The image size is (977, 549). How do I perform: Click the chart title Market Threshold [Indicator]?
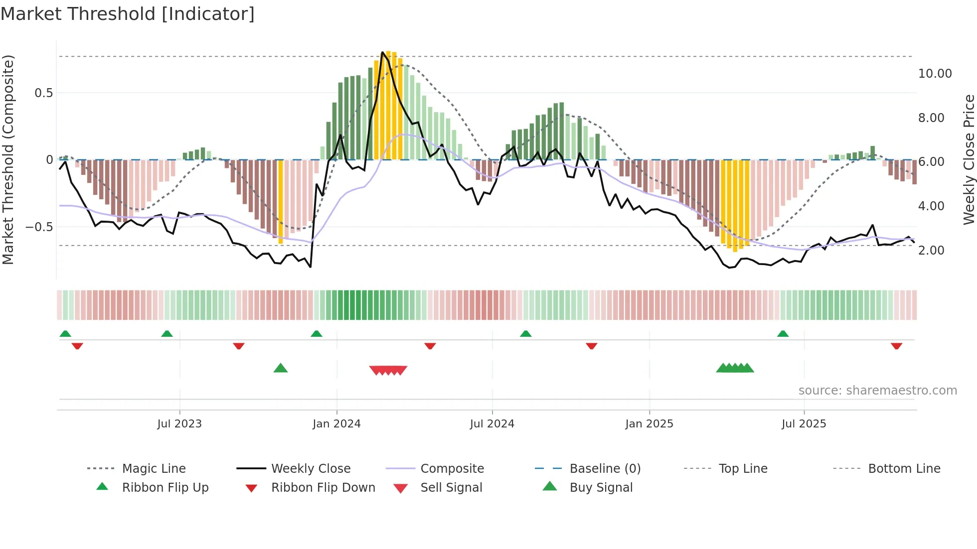coord(128,14)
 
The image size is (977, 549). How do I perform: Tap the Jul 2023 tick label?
coord(179,424)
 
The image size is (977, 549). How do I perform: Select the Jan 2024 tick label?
coord(336,424)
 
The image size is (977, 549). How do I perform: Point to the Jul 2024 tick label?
coord(492,424)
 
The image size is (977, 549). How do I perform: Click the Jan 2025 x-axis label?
coord(649,424)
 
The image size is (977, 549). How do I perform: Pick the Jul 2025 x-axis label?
coord(804,424)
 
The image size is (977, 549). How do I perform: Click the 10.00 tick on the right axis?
coord(935,74)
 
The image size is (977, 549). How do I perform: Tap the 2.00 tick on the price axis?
coord(931,251)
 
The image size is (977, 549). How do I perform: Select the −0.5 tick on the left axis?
coord(39,227)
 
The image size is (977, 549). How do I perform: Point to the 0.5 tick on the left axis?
coord(43,93)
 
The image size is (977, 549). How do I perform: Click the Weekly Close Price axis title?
coord(969,159)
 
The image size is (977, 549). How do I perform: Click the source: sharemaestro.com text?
coord(877,391)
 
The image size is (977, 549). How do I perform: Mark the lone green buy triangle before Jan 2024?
coord(281,368)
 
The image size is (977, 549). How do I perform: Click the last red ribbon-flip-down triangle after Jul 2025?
coord(896,346)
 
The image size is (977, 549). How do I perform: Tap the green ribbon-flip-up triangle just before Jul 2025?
coord(783,334)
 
